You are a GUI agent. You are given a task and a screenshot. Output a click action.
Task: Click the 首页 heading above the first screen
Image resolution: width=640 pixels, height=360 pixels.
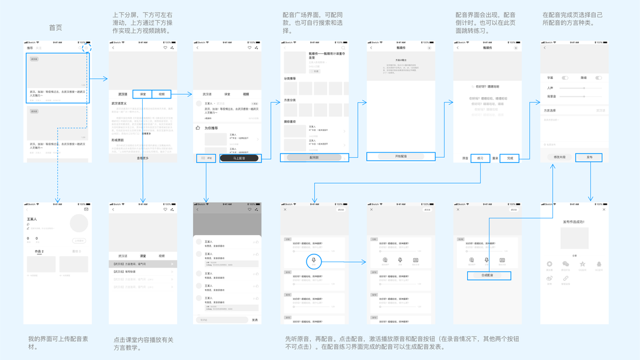(55, 28)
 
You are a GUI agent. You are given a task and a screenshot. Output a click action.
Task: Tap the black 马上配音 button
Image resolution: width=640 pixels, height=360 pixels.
(240, 158)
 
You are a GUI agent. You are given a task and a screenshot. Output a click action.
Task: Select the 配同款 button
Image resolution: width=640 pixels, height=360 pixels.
(314, 158)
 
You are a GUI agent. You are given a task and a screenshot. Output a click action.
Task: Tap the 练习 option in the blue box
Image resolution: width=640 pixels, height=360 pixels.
(480, 158)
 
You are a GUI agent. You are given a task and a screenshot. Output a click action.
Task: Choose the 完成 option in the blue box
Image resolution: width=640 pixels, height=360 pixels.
(510, 158)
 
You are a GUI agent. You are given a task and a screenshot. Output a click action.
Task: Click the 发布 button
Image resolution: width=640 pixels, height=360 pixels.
(589, 157)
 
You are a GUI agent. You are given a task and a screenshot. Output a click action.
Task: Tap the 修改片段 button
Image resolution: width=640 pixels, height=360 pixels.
(559, 157)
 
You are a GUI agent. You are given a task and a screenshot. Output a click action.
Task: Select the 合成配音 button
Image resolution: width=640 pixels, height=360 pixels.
(489, 275)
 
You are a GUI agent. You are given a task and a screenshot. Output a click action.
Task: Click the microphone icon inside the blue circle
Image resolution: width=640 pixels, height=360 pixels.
(314, 260)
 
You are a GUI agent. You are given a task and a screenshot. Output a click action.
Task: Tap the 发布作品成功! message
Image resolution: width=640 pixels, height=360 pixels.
(574, 222)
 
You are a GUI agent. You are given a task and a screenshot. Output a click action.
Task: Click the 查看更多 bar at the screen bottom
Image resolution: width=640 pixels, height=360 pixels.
(143, 158)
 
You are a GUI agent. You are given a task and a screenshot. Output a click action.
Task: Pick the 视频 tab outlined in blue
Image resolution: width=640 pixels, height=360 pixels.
(161, 94)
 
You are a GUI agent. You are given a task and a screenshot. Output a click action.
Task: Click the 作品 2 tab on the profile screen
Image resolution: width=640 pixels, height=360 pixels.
(39, 251)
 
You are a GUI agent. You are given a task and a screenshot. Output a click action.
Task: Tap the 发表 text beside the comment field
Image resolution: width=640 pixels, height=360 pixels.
(255, 320)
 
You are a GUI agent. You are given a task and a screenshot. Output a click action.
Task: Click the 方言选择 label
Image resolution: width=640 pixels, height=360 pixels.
(550, 110)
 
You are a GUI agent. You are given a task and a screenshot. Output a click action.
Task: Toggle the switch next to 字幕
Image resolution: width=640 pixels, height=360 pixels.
(564, 78)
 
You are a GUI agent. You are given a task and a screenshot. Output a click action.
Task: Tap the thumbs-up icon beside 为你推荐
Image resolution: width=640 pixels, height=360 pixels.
(198, 128)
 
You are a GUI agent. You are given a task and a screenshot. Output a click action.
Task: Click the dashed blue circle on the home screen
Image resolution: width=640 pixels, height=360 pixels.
(87, 48)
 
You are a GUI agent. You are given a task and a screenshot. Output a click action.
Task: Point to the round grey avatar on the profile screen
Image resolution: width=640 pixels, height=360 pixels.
(79, 223)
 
